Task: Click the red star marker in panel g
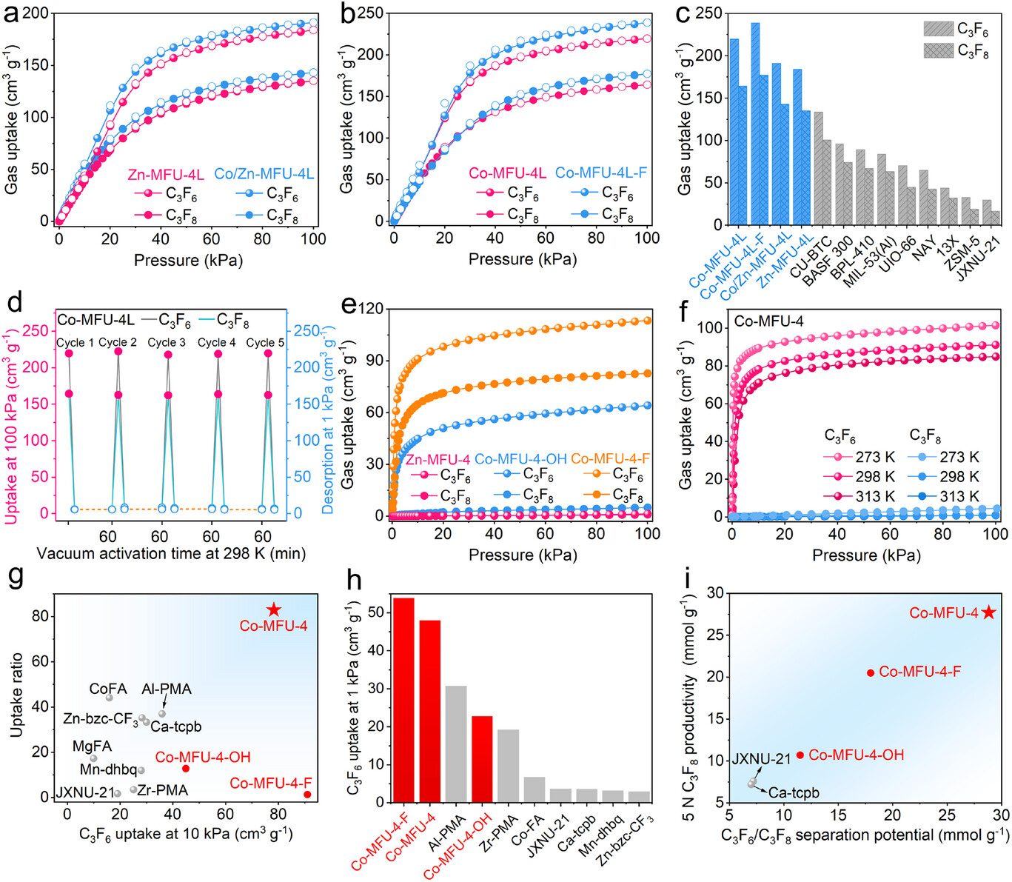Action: [x=274, y=609]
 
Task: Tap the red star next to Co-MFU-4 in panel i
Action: [x=988, y=612]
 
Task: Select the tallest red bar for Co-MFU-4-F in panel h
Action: [x=403, y=699]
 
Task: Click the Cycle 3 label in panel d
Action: [x=167, y=342]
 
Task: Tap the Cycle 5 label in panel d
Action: [x=265, y=342]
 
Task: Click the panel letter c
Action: [x=683, y=15]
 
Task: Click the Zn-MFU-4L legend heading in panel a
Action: [x=166, y=175]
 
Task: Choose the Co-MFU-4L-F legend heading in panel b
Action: [x=601, y=173]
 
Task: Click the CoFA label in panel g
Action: [x=108, y=689]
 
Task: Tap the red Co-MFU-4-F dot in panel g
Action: [x=307, y=795]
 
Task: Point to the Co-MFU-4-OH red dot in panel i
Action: [x=800, y=755]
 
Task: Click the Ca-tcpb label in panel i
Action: [x=794, y=792]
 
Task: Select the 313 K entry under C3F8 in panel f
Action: [x=959, y=496]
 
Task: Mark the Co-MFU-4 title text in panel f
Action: [x=768, y=321]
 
